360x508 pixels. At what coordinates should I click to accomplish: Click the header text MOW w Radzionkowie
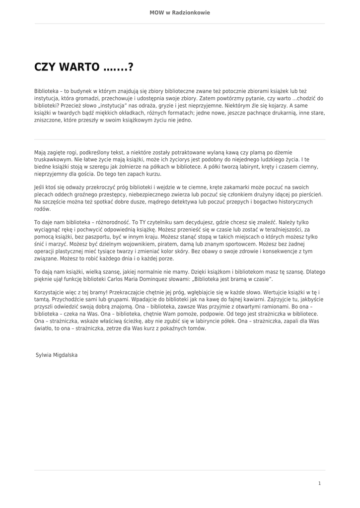tap(180, 12)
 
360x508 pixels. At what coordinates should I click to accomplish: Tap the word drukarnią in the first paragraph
tap(282, 113)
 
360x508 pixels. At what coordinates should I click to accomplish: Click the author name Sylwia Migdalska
tap(57, 355)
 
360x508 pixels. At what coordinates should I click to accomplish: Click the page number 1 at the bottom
tap(319, 483)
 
